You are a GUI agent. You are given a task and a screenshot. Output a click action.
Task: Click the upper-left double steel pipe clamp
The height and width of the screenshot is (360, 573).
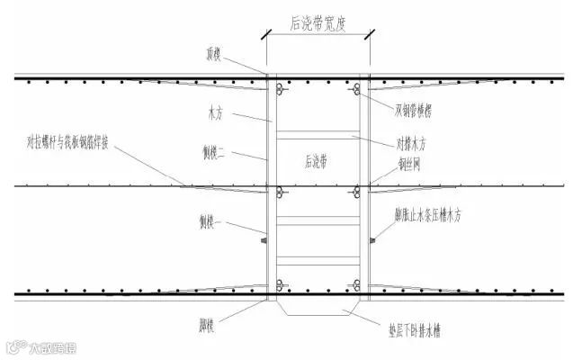coord(281,89)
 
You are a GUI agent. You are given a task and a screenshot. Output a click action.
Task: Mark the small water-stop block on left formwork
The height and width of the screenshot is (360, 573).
coord(263,240)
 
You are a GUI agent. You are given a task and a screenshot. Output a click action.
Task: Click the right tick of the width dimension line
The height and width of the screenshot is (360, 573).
coord(369,36)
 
